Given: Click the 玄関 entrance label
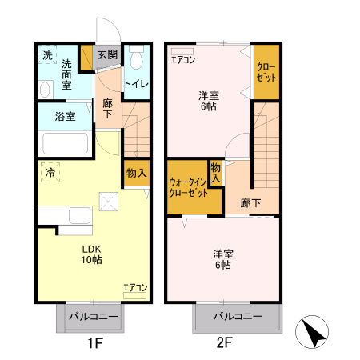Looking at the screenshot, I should pyautogui.click(x=106, y=55).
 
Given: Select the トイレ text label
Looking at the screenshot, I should pyautogui.click(x=136, y=82).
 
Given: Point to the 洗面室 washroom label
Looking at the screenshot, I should pyautogui.click(x=66, y=74).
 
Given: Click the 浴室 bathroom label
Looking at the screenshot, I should pyautogui.click(x=66, y=117).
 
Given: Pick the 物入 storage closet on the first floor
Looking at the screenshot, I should pyautogui.click(x=136, y=173).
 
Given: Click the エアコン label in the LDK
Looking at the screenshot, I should pyautogui.click(x=134, y=287).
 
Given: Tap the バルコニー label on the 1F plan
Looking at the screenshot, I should pyautogui.click(x=93, y=318).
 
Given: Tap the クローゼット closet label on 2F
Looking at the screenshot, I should pyautogui.click(x=266, y=71).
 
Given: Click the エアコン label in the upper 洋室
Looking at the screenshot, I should pyautogui.click(x=183, y=58).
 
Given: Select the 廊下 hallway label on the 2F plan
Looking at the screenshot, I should pyautogui.click(x=251, y=202).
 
